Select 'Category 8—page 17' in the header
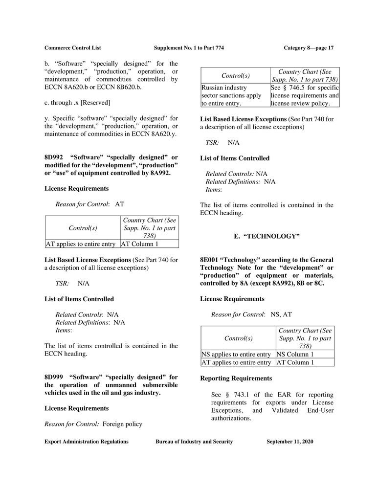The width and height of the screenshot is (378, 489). click(x=308, y=47)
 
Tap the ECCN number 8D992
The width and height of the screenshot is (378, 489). click(x=55, y=157)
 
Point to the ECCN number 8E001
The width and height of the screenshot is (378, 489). click(x=210, y=260)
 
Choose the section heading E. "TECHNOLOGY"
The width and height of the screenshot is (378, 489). click(x=267, y=236)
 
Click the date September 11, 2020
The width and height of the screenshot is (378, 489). click(x=290, y=442)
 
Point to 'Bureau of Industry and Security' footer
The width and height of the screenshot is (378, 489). click(x=194, y=442)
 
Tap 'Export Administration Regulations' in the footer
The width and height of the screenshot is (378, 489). click(x=87, y=442)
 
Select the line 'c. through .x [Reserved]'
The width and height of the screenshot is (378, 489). click(x=77, y=102)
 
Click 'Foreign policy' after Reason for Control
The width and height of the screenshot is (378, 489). click(x=122, y=424)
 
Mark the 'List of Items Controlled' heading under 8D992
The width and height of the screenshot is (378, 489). click(x=79, y=299)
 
